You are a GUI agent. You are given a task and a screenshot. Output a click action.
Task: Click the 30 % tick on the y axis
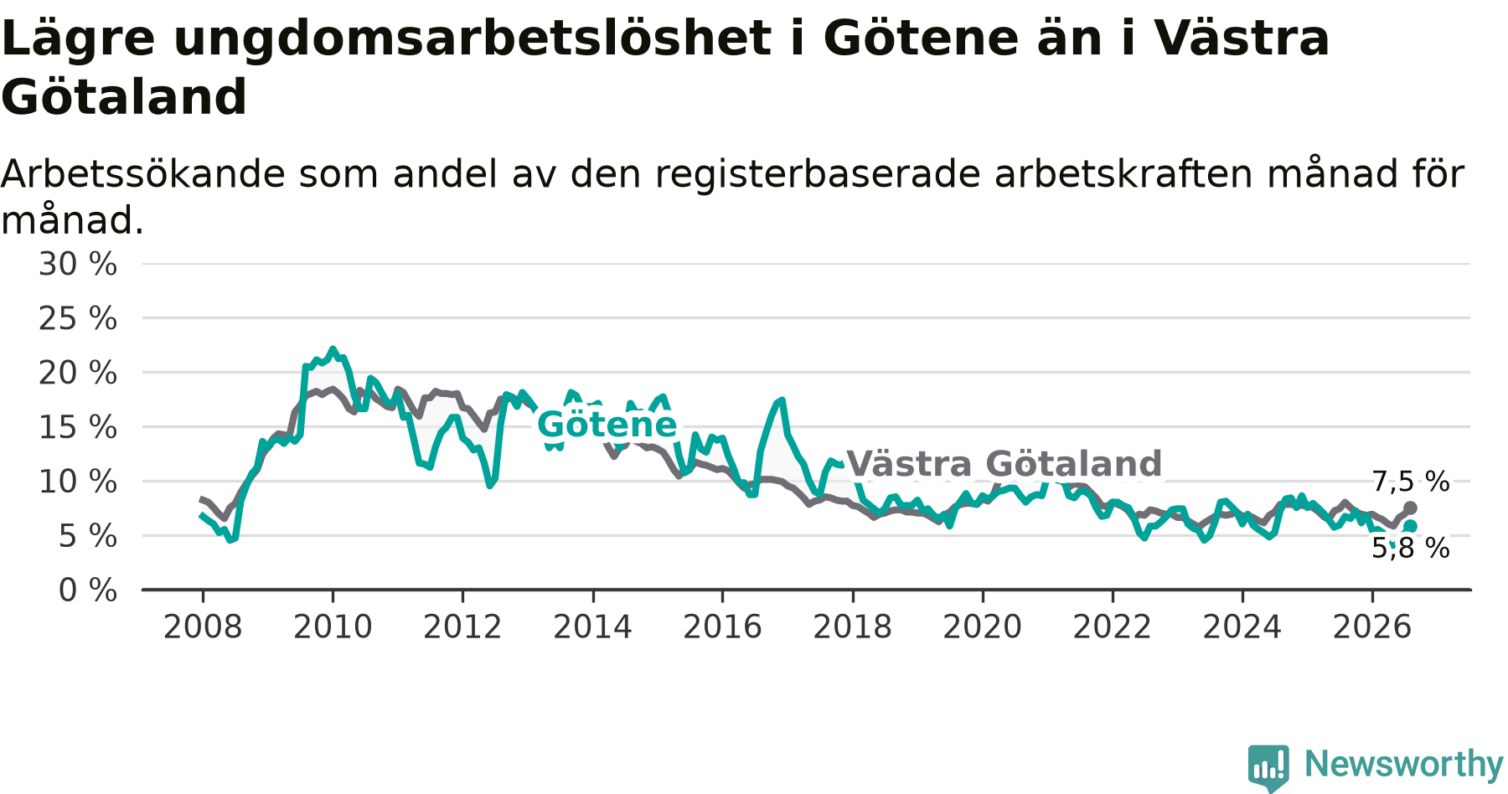click(78, 264)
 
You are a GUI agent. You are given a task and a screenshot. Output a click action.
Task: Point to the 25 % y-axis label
click(78, 318)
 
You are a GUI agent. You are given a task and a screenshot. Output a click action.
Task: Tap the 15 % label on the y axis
click(78, 427)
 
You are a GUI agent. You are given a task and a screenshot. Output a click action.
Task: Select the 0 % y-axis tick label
click(88, 590)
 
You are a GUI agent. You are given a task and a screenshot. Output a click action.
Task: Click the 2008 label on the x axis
click(203, 626)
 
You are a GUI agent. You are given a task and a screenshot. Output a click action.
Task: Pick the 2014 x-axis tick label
click(592, 626)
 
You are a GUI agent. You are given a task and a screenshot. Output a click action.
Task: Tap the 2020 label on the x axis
click(983, 626)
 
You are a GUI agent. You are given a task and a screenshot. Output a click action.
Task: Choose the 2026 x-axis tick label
click(1372, 626)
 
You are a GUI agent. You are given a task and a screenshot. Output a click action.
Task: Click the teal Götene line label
click(607, 425)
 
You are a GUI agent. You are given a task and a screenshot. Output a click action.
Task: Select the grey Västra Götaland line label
click(1004, 464)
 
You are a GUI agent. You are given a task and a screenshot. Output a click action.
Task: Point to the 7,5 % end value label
click(1411, 482)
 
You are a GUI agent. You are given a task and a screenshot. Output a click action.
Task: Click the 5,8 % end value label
click(1411, 548)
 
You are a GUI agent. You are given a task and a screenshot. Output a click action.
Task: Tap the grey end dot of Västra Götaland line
click(1411, 508)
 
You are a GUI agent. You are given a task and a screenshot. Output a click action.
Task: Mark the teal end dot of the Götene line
click(1411, 526)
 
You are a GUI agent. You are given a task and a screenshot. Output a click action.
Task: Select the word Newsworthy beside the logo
click(1404, 764)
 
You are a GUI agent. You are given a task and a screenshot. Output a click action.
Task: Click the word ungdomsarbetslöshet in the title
click(472, 39)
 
